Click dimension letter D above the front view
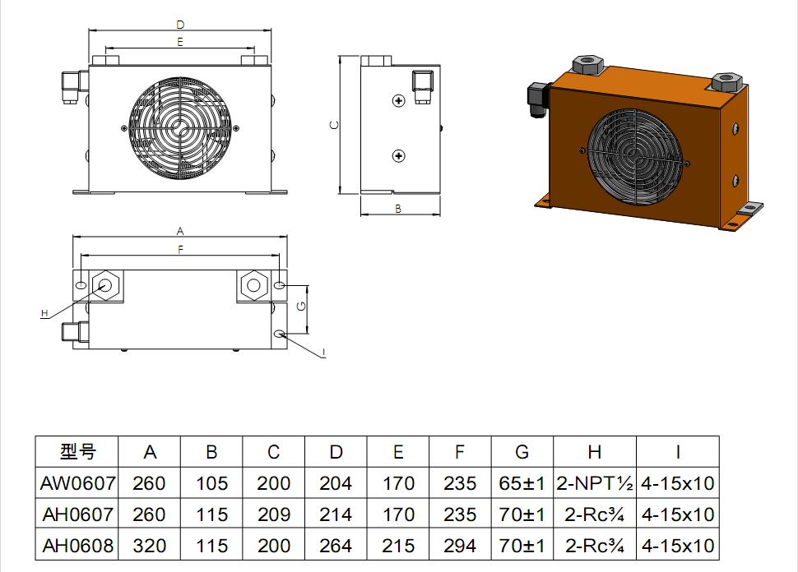click(179, 25)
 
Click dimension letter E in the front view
click(179, 41)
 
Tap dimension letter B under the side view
click(398, 209)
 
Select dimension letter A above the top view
click(179, 231)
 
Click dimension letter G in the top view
click(302, 306)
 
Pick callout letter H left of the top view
click(44, 313)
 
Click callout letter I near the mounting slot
click(323, 353)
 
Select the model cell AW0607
click(78, 483)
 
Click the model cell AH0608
click(78, 546)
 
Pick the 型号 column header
click(78, 452)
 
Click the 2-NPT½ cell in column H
click(595, 483)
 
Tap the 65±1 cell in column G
click(522, 483)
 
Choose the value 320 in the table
click(150, 546)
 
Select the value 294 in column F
click(460, 546)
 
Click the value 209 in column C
click(274, 514)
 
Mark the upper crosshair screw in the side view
click(399, 100)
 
